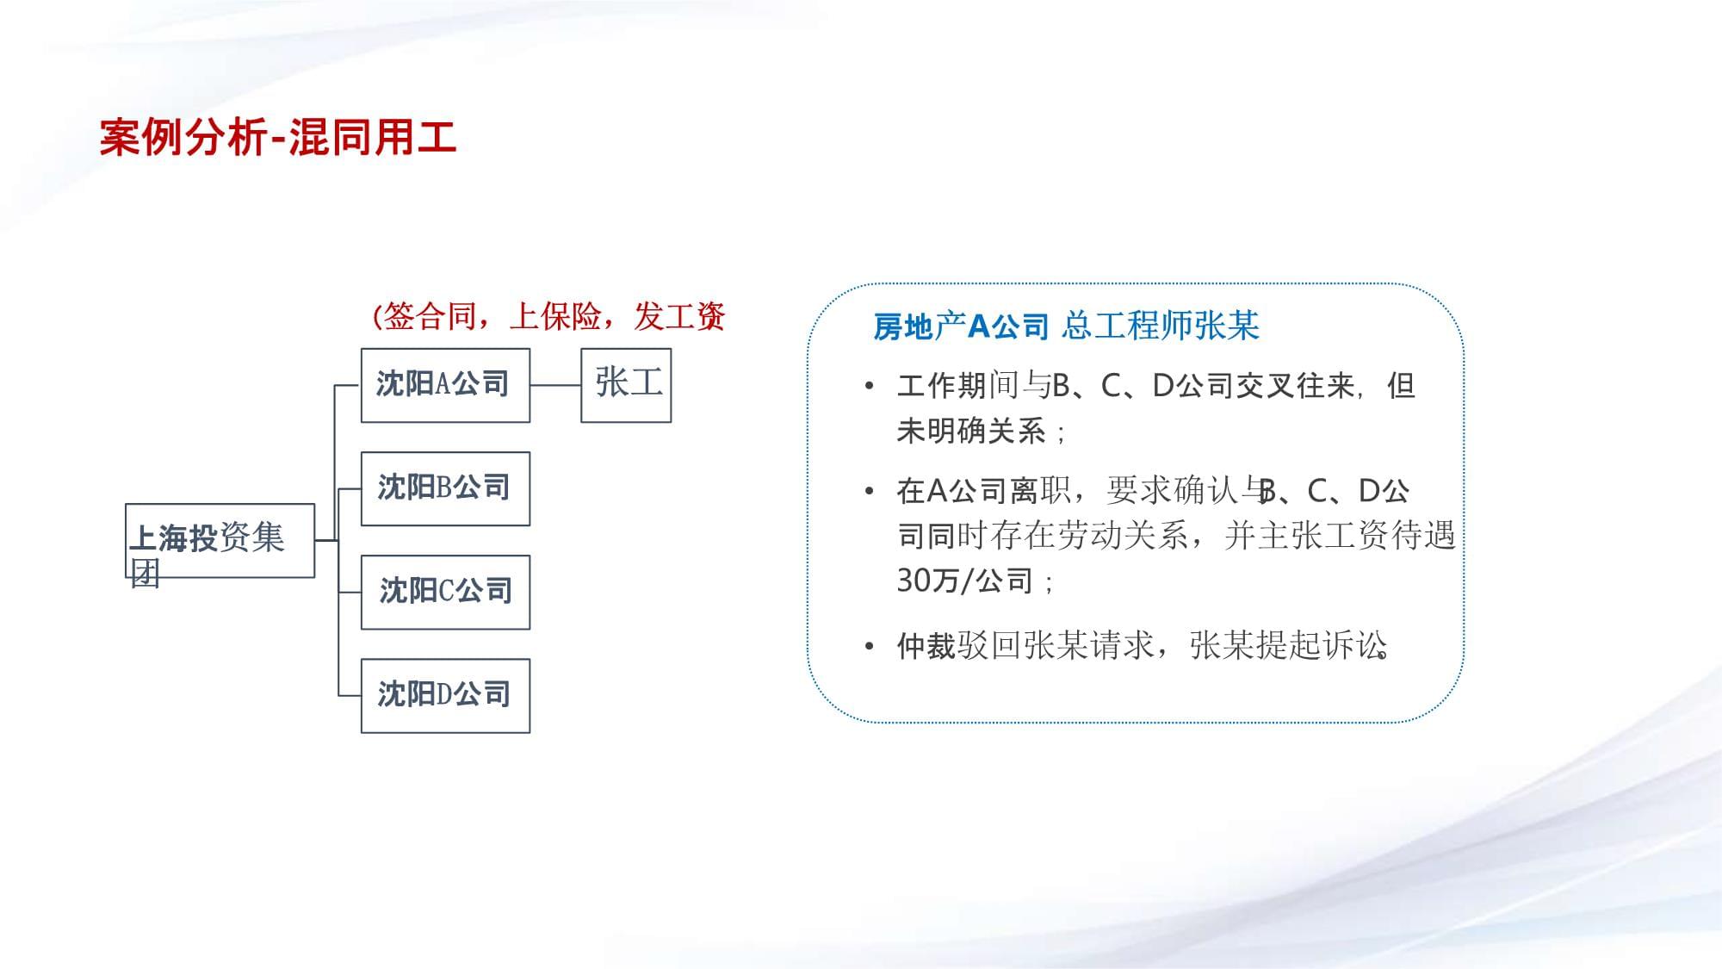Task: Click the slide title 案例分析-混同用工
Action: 277,138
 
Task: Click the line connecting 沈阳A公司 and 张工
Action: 555,385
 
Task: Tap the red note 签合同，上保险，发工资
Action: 548,316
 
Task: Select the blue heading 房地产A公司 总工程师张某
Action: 1066,326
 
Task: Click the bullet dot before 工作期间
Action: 870,386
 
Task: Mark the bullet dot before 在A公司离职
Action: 870,491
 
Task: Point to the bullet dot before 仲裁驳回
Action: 870,645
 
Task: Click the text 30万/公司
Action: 964,581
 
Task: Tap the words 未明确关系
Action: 971,430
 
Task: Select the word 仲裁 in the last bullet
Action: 926,645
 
